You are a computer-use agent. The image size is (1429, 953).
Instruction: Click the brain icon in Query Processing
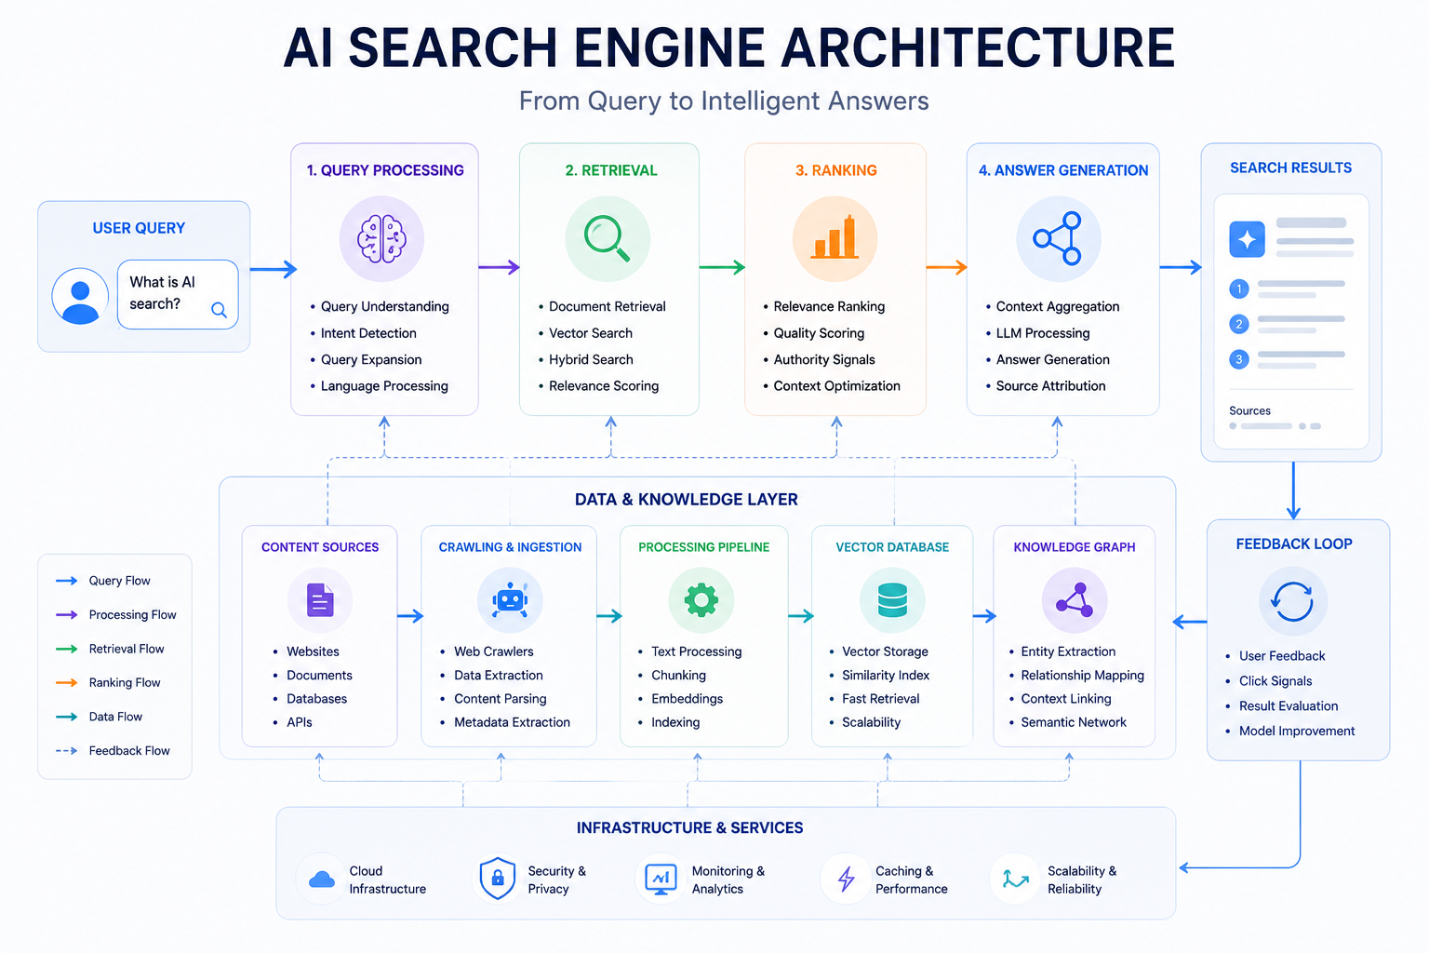pos(381,239)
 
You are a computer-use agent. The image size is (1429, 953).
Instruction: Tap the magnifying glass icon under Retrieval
pos(607,238)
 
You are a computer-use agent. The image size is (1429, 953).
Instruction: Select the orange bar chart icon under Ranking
pos(835,236)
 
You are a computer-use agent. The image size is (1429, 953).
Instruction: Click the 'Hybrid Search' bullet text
pos(591,359)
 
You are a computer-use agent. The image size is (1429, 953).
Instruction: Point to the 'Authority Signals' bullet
pos(823,359)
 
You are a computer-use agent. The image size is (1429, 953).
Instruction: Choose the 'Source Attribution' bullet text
pos(1050,385)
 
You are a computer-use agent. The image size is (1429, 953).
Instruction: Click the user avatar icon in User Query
pos(80,296)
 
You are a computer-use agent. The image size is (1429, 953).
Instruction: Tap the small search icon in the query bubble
pos(219,310)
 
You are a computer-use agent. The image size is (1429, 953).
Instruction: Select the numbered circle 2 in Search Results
pos(1239,324)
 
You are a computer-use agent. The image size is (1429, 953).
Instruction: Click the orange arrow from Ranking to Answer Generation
pos(947,267)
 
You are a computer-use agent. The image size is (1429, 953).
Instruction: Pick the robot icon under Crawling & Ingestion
pos(509,600)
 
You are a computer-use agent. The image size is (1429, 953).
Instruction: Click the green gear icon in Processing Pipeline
pos(701,600)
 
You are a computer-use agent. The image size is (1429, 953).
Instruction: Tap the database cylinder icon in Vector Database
pos(892,600)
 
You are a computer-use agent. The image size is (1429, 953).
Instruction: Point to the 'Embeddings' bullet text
pos(688,698)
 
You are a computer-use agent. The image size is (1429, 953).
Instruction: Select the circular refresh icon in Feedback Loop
pos(1292,601)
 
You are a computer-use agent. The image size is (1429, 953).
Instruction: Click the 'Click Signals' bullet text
pos(1275,681)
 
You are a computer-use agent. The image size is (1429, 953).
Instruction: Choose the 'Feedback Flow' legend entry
pos(113,751)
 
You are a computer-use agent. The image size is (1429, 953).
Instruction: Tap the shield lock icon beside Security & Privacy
pos(497,878)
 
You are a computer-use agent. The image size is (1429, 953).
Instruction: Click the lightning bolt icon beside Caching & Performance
pos(846,879)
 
